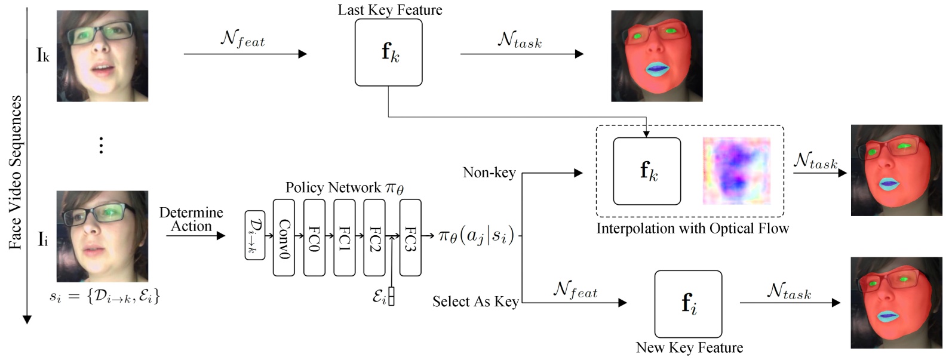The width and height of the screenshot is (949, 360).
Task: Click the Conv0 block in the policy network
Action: pyautogui.click(x=284, y=238)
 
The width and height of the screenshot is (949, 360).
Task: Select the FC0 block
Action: pyautogui.click(x=314, y=238)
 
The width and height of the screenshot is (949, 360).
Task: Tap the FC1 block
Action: pyautogui.click(x=344, y=238)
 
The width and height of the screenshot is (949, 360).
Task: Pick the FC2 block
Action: pyautogui.click(x=374, y=238)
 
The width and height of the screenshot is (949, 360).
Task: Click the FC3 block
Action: pyautogui.click(x=410, y=238)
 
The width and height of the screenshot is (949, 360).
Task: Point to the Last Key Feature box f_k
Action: pyautogui.click(x=389, y=53)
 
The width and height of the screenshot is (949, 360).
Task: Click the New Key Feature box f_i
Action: pyautogui.click(x=688, y=304)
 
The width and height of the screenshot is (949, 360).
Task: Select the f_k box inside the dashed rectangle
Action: pyautogui.click(x=647, y=171)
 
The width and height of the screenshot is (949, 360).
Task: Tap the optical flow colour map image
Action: pyautogui.click(x=736, y=171)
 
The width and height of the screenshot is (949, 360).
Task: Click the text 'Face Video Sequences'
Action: pyautogui.click(x=16, y=173)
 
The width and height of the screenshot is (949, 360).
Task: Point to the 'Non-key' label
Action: pyautogui.click(x=489, y=173)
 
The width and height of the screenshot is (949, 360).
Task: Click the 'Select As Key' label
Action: pyautogui.click(x=475, y=301)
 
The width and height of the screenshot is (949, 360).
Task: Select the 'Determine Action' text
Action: pyautogui.click(x=191, y=219)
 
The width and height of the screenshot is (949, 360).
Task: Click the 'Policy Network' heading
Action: pyautogui.click(x=345, y=188)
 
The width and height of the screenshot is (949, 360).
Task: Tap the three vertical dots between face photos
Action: pyautogui.click(x=101, y=145)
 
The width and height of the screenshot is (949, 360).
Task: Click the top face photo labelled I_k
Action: pyautogui.click(x=102, y=56)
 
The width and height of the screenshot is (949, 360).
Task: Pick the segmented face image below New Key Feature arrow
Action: pyautogui.click(x=896, y=303)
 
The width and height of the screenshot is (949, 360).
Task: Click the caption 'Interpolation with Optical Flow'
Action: pyautogui.click(x=692, y=229)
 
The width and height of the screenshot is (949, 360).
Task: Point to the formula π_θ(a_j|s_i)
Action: pyautogui.click(x=476, y=236)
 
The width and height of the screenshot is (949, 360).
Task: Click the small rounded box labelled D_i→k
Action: pyautogui.click(x=255, y=235)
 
